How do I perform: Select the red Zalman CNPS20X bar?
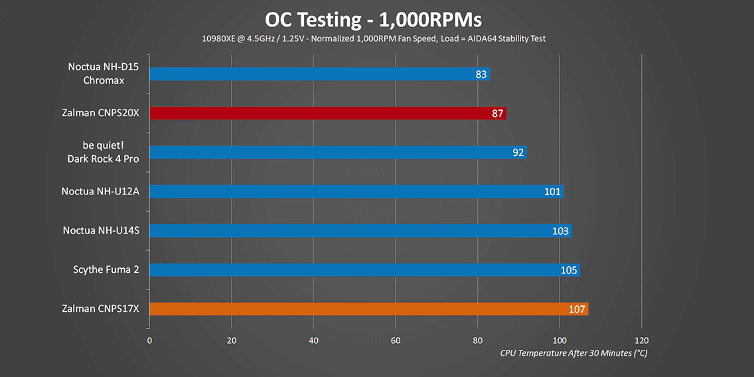[x=328, y=113]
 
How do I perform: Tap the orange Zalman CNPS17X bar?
[x=369, y=309]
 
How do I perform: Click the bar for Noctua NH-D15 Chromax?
[x=319, y=74]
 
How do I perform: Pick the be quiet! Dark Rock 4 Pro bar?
[x=338, y=153]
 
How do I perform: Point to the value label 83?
[x=481, y=74]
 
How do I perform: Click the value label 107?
[x=577, y=310]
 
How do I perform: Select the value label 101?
[x=552, y=192]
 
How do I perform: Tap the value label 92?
[x=518, y=153]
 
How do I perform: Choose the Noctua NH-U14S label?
[x=105, y=231]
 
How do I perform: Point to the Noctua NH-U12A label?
[x=104, y=192]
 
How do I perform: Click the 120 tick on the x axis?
[x=641, y=340]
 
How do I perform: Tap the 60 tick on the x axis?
[x=396, y=340]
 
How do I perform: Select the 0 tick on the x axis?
[x=149, y=340]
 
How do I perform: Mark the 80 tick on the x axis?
[x=477, y=340]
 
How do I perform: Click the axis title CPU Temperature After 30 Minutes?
[x=573, y=353]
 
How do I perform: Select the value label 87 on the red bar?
[x=498, y=113]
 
